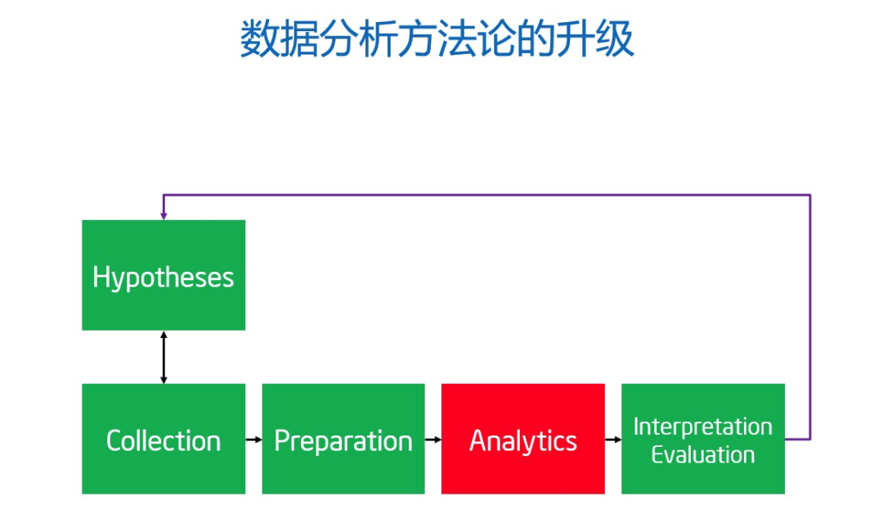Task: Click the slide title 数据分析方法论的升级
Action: (x=437, y=39)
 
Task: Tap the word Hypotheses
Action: (x=164, y=277)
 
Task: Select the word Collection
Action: (x=164, y=441)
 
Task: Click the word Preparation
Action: (x=343, y=441)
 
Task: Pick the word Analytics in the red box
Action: (x=523, y=441)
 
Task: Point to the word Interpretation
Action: (x=702, y=426)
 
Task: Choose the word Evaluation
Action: (x=702, y=454)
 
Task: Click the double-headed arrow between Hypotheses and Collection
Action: (x=164, y=357)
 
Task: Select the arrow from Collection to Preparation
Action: (x=253, y=440)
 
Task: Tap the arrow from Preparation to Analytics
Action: (x=433, y=440)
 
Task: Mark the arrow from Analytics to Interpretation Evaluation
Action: (x=613, y=440)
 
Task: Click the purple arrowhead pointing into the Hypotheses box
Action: (x=164, y=215)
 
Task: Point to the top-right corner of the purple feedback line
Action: (x=809, y=195)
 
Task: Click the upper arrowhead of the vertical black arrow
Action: (x=164, y=335)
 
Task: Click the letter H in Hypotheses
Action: (x=101, y=277)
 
